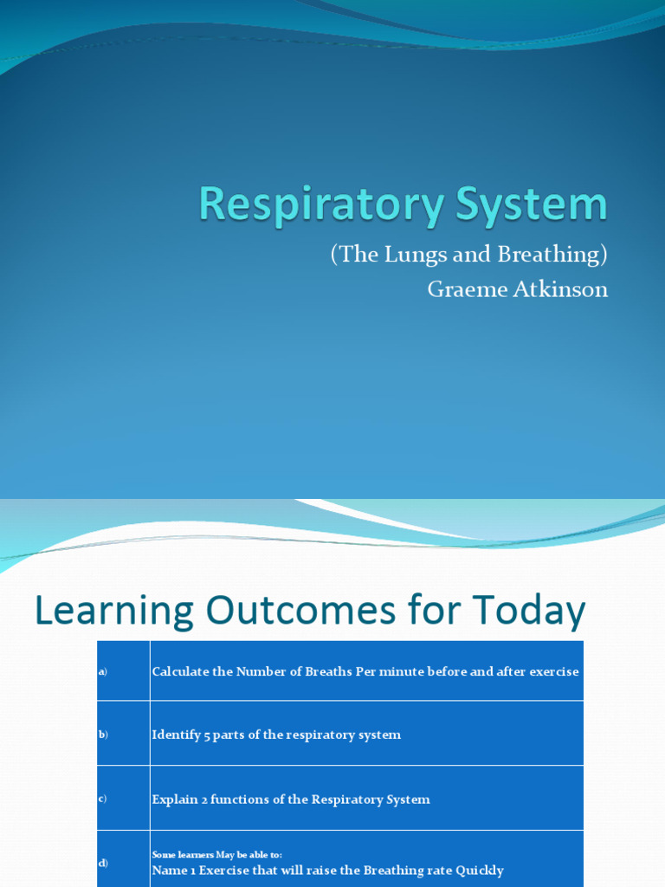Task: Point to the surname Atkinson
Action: click(562, 289)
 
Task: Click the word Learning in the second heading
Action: click(113, 612)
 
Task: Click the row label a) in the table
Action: click(102, 672)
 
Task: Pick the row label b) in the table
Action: click(102, 735)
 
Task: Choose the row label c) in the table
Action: click(102, 799)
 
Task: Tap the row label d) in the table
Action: click(102, 863)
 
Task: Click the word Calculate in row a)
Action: click(180, 672)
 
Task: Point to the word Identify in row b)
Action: click(176, 735)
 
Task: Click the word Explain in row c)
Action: click(175, 800)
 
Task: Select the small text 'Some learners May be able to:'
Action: click(216, 855)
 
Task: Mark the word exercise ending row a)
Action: click(552, 672)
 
